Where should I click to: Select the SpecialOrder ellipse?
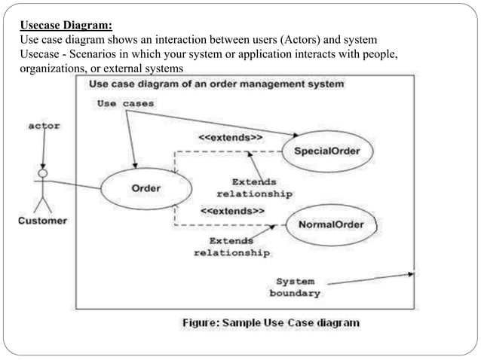click(x=326, y=151)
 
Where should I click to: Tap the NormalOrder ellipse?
click(x=331, y=225)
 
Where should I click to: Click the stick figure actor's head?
click(x=42, y=173)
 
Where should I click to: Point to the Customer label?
click(x=42, y=221)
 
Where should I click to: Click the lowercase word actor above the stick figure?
click(x=43, y=126)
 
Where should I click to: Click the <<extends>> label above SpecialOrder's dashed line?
click(x=230, y=139)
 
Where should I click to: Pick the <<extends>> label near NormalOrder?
click(x=232, y=212)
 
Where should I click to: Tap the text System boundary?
click(x=295, y=287)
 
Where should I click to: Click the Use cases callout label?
click(x=125, y=103)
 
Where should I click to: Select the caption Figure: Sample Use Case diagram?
click(x=271, y=322)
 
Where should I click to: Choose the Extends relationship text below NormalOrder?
click(x=231, y=247)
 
